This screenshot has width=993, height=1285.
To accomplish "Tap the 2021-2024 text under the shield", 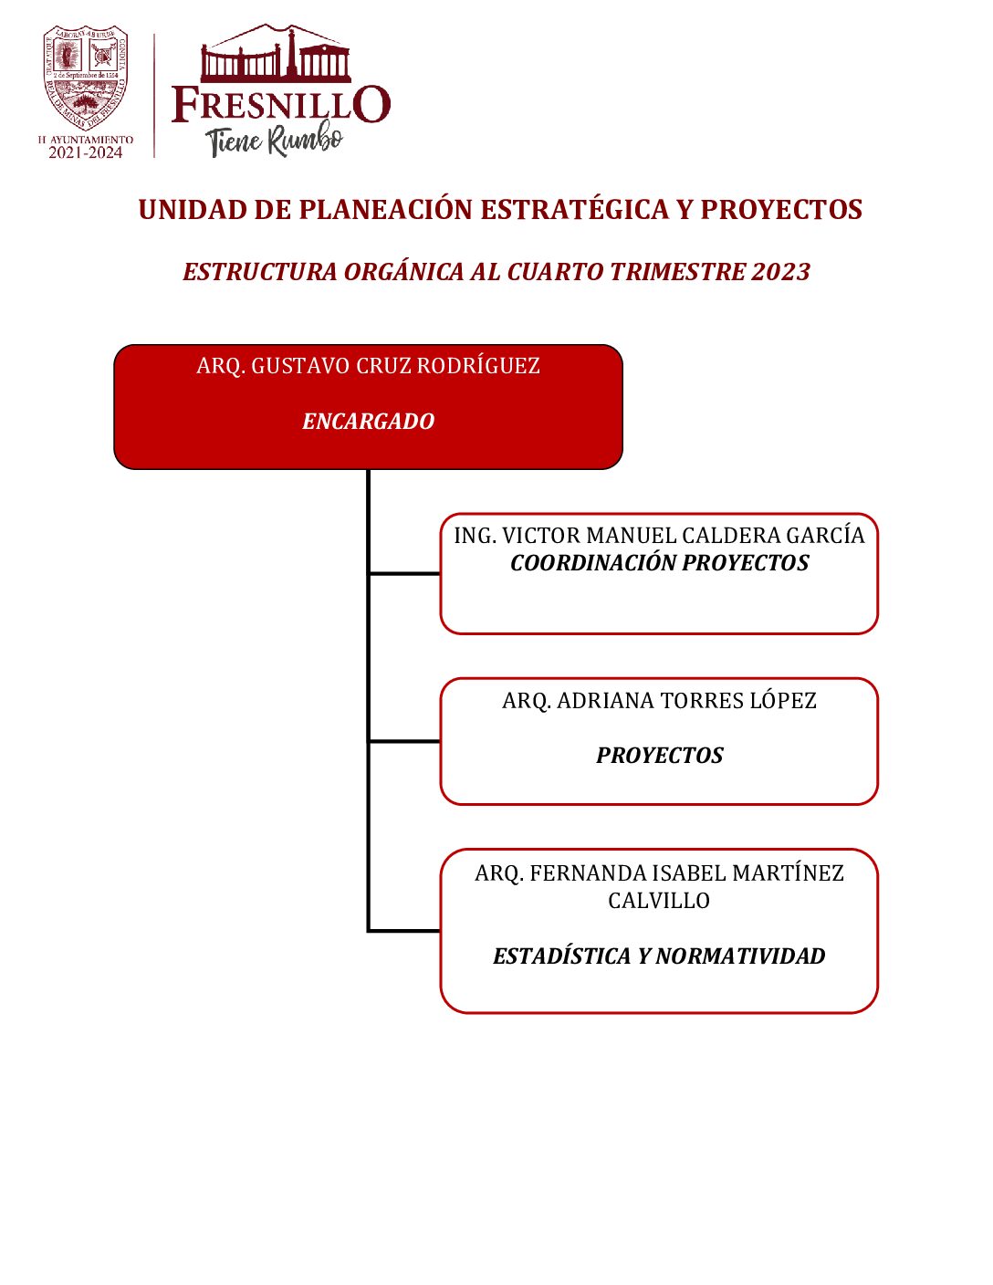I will coord(86,153).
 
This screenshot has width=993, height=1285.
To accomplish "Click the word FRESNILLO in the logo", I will coord(281,104).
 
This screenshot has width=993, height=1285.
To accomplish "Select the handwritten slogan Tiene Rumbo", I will coord(275,141).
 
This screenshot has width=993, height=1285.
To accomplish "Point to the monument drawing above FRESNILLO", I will coord(276,55).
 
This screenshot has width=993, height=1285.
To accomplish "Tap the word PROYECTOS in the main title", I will coord(781,210).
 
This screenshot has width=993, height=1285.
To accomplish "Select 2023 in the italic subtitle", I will coord(781,272).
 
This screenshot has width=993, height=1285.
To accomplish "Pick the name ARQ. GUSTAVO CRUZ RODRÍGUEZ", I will coord(368,366).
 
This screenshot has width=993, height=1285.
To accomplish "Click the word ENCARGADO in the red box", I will coord(368,422).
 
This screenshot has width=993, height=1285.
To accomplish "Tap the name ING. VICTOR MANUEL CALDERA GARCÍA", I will coord(659,536).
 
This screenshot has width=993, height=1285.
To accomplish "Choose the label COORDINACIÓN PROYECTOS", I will coord(659,563).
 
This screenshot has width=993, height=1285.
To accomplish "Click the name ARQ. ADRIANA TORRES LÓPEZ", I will coord(659,701).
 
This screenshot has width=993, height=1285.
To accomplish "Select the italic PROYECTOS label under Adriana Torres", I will coord(659,756).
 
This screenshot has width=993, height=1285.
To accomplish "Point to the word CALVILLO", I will coord(659,901).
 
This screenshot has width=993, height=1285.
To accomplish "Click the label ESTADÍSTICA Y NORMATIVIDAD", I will coord(659,956).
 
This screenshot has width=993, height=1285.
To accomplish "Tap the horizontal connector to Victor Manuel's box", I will coord(404,573).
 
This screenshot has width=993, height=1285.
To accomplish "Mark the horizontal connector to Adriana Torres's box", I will coord(404,741).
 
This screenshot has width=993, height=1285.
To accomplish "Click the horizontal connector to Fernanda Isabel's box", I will coord(404,931).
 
